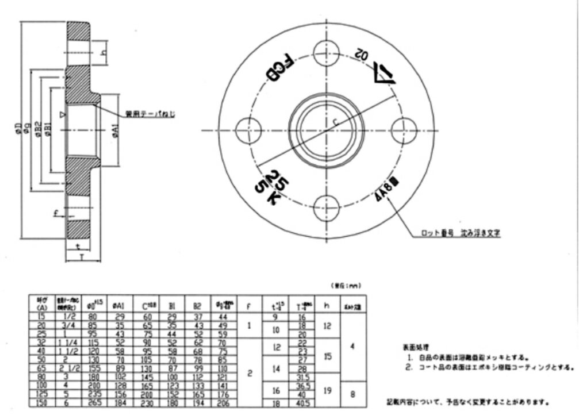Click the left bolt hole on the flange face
248,128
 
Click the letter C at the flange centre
336,122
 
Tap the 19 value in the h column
327,390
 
